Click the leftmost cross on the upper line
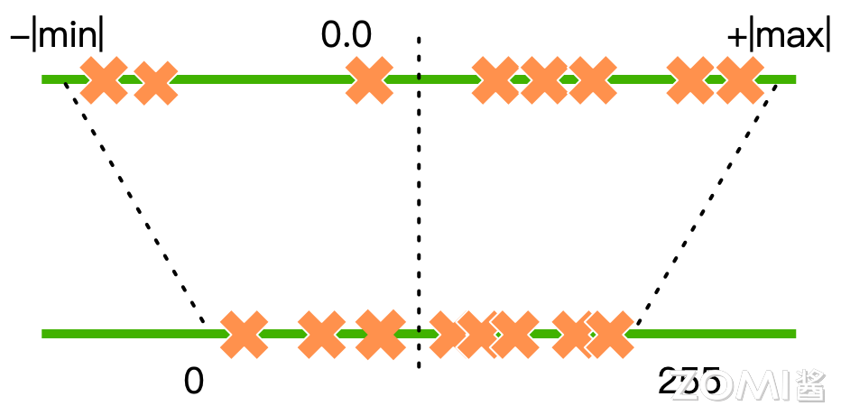(x=104, y=80)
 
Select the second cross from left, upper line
(x=156, y=83)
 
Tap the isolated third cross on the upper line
(x=369, y=80)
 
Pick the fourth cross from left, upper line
(x=495, y=80)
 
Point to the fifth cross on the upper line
(x=544, y=80)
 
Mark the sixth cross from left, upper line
(x=593, y=80)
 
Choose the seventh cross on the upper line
(x=689, y=80)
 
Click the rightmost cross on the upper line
(x=740, y=80)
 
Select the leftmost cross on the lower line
(x=244, y=335)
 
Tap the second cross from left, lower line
(x=321, y=335)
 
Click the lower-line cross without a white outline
(x=380, y=335)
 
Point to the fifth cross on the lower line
(x=478, y=335)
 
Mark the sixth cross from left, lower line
(x=515, y=335)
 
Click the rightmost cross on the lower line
(x=611, y=335)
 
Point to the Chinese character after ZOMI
(x=809, y=385)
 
